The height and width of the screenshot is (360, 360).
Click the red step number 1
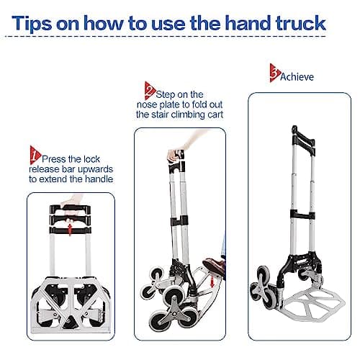tap(35, 153)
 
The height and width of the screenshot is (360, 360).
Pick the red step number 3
tap(274, 71)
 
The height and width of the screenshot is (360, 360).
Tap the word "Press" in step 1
tap(55, 158)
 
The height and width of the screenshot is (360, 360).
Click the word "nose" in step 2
tap(148, 104)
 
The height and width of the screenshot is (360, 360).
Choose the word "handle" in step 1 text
tap(96, 179)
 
